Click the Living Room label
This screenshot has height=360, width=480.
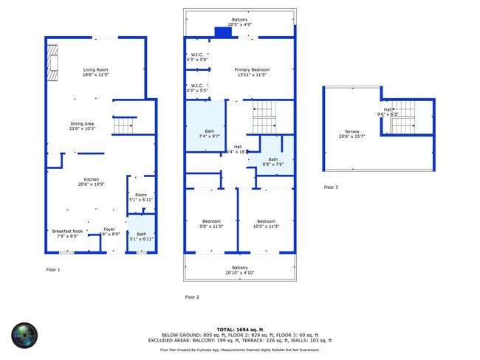point(95,72)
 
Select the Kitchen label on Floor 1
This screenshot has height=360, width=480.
point(92,181)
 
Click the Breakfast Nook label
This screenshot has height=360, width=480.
point(66,233)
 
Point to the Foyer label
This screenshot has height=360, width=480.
point(109,231)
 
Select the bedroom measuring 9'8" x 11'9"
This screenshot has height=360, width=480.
point(211,224)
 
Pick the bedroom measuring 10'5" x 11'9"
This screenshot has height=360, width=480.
point(266,224)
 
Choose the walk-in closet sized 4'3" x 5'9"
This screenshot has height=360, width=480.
point(196,57)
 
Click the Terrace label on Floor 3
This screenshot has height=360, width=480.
point(350,134)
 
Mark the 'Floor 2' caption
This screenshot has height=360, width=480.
point(191,297)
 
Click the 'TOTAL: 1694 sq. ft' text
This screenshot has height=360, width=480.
point(240,328)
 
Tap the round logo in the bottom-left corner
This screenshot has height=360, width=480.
point(24,336)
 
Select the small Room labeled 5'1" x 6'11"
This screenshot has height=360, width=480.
point(140,197)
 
